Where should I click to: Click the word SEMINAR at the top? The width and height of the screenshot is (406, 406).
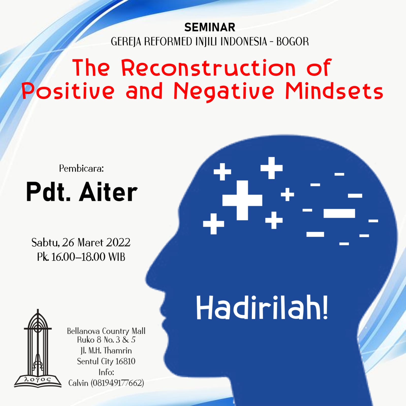tap(210, 27)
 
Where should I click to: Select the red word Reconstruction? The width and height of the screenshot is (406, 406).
tap(208, 68)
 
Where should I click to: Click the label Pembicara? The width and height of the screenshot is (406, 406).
tap(82, 168)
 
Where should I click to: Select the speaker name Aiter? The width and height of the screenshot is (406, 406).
tap(108, 192)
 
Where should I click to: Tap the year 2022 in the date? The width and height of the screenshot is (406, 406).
tap(118, 242)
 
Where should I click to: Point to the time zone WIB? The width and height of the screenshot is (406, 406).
tap(117, 257)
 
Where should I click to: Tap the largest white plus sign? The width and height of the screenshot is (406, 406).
tap(242, 200)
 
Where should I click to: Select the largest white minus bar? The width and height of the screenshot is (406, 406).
tap(339, 213)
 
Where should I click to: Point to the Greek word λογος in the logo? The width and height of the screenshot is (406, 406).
tap(38, 380)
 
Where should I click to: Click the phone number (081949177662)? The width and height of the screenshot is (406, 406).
tap(117, 383)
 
